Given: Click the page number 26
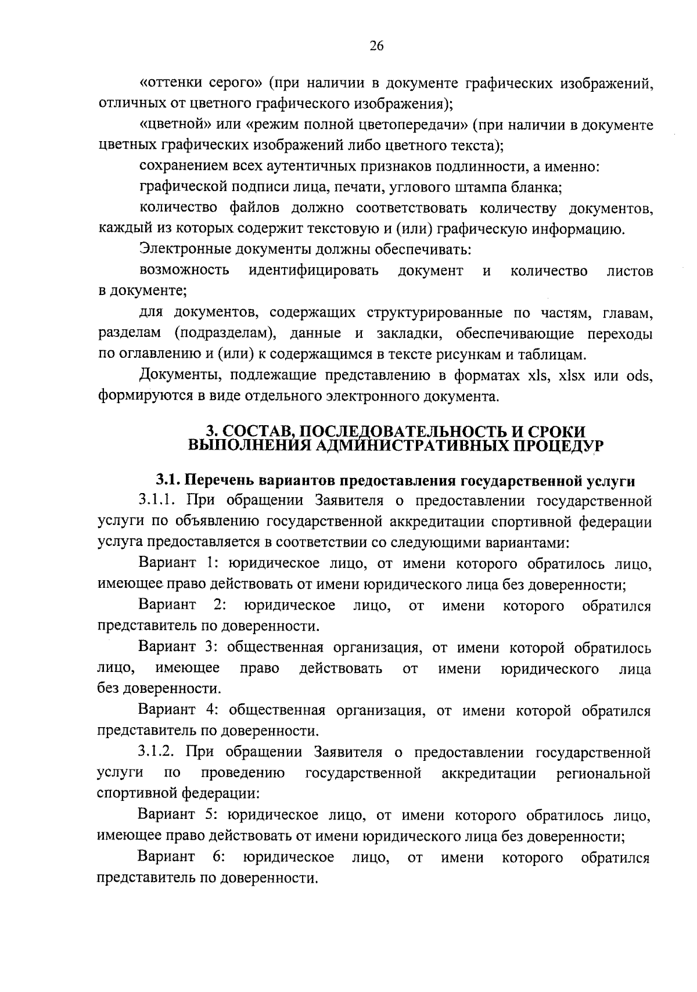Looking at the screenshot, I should [376, 46].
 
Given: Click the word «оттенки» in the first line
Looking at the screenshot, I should [168, 84].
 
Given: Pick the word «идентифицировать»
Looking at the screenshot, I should [314, 271].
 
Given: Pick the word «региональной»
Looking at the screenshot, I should [602, 774].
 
